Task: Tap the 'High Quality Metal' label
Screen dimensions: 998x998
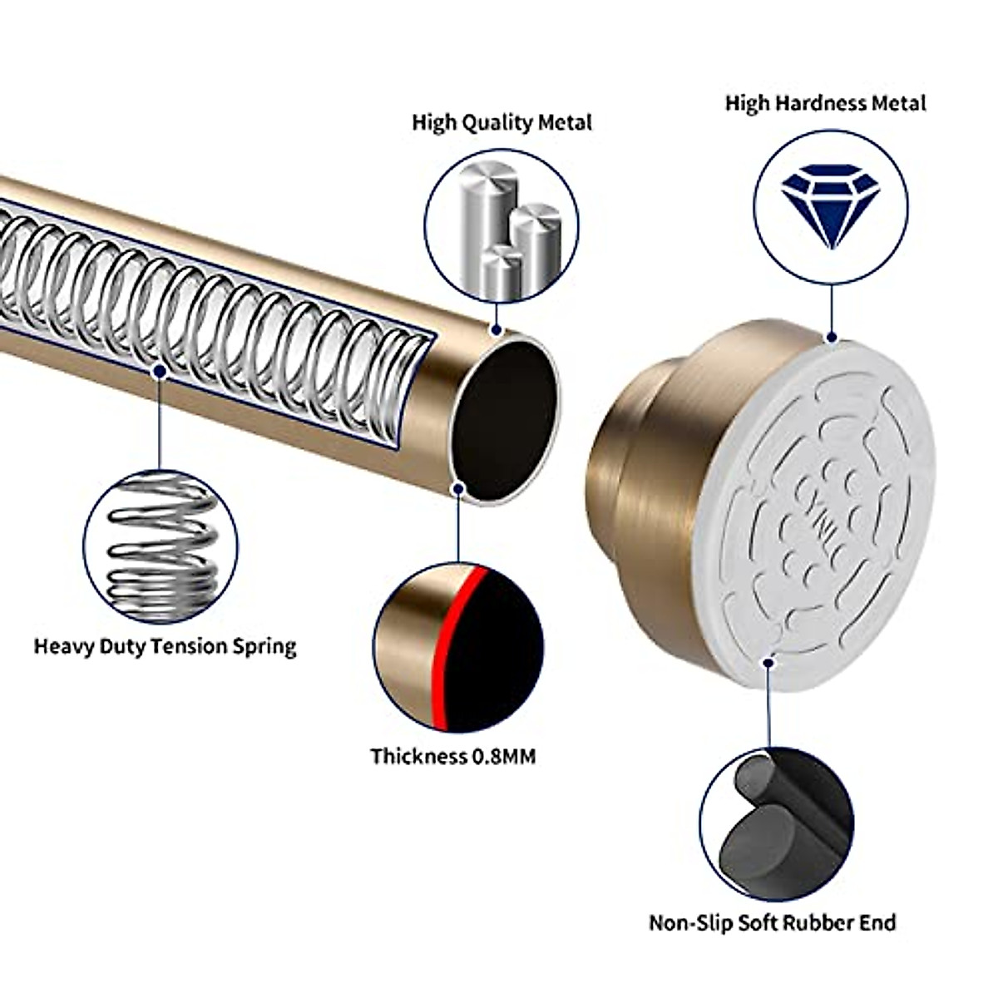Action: click(x=501, y=122)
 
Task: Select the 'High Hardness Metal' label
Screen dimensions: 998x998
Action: click(x=825, y=103)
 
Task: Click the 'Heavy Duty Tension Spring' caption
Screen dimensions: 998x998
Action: click(x=165, y=646)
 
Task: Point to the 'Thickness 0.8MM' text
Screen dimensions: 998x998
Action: click(x=453, y=756)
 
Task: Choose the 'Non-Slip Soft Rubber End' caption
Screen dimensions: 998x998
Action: click(x=773, y=922)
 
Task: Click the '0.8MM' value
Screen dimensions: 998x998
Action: click(x=504, y=756)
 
